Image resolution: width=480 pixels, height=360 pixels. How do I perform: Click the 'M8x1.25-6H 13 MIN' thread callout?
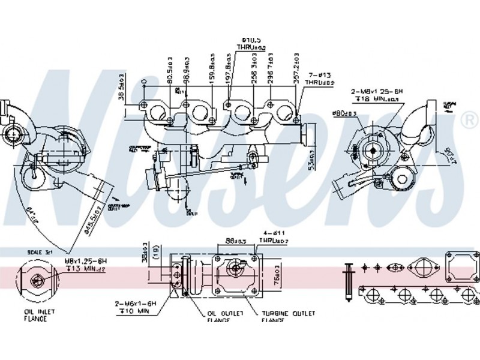coord(88,266)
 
